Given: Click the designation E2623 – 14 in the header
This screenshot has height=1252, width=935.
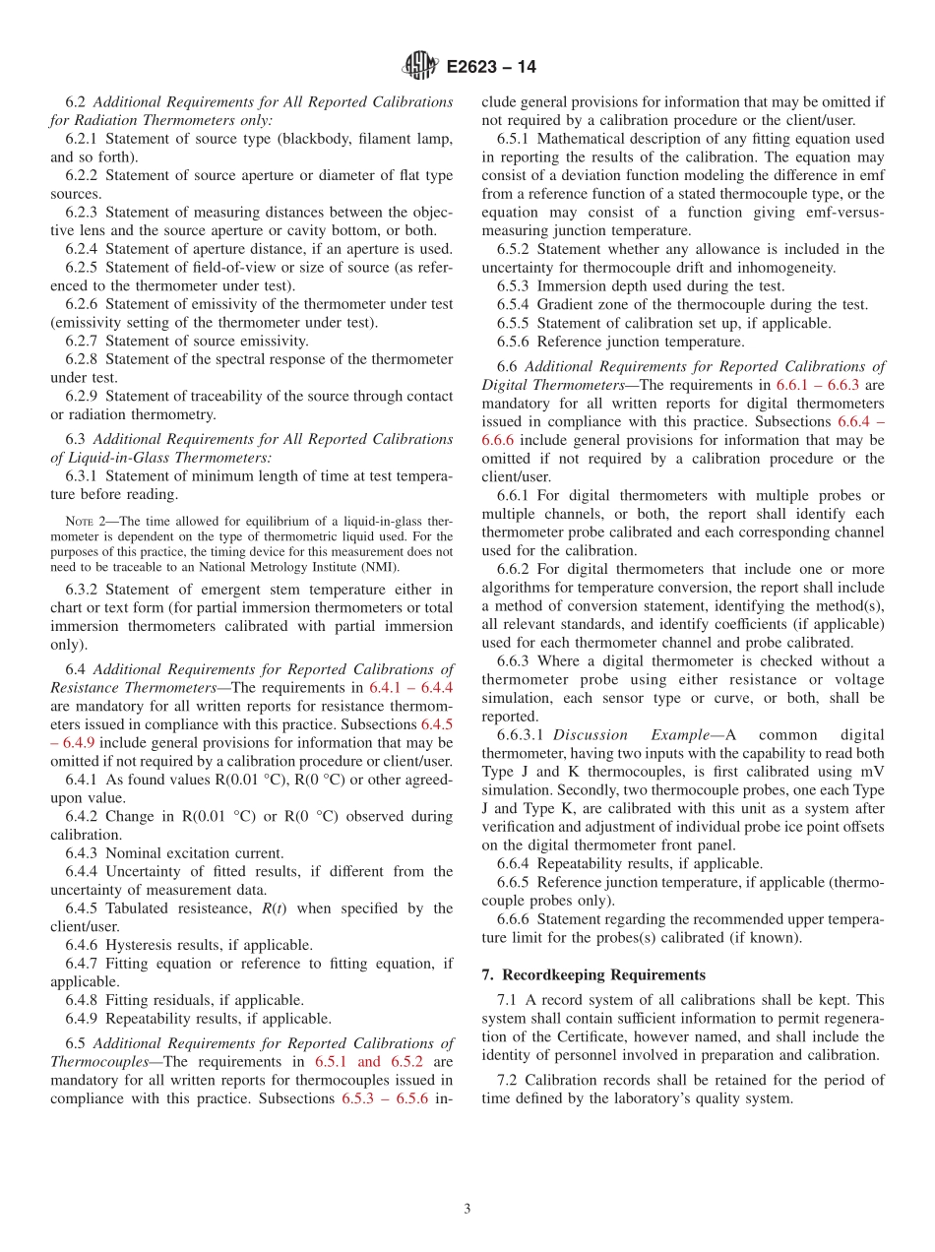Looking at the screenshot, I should click(x=491, y=67).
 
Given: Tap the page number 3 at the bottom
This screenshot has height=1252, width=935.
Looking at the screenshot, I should click(x=467, y=1209).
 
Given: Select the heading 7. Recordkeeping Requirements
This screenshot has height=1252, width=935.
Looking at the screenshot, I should click(x=593, y=974).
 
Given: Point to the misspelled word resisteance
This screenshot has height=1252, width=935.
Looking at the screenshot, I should click(x=240, y=908).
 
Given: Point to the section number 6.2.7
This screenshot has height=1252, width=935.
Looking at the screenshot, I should click(x=83, y=341).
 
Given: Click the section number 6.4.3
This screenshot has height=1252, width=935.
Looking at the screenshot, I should click(x=83, y=852).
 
